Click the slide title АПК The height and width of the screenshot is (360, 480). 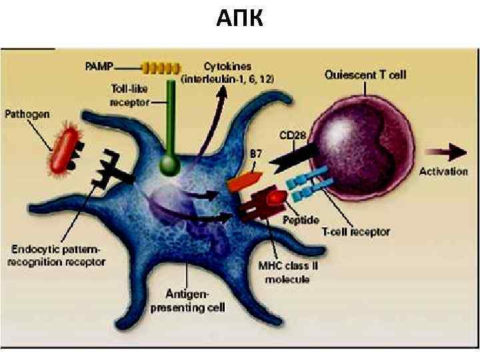click(240, 19)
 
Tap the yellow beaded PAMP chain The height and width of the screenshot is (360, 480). click(161, 67)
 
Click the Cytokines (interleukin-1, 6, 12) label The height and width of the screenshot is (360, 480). click(228, 72)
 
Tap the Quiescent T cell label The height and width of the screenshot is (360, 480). click(365, 75)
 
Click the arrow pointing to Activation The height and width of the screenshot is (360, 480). click(448, 153)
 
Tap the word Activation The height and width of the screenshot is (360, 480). click(443, 171)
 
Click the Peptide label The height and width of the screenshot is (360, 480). click(301, 219)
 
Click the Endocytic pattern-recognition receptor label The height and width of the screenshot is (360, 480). click(57, 255)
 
